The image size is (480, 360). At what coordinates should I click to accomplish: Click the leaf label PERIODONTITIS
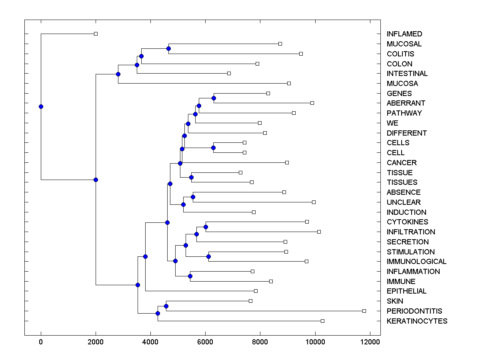(x=414, y=311)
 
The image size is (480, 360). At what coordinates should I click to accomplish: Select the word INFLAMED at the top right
(x=404, y=34)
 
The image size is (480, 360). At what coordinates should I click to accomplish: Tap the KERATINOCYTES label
(x=417, y=321)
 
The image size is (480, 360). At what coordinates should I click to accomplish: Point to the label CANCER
(x=402, y=163)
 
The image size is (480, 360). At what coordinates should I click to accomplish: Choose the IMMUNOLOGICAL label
(x=416, y=262)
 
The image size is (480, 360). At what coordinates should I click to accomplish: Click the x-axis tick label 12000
(x=370, y=342)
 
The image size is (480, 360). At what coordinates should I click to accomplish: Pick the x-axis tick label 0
(x=41, y=342)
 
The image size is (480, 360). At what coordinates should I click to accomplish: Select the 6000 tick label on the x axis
(x=205, y=342)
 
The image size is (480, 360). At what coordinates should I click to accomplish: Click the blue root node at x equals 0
(x=41, y=106)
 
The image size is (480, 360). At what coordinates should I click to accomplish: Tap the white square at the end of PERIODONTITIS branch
(x=364, y=311)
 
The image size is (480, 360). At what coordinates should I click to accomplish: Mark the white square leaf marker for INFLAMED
(x=96, y=34)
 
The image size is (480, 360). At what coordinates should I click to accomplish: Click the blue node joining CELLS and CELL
(x=213, y=148)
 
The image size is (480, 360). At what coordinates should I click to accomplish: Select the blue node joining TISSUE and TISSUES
(x=191, y=177)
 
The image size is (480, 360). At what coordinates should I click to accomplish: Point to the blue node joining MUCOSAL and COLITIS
(x=168, y=48)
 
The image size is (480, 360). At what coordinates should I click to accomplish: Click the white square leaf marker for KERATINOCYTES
(x=323, y=321)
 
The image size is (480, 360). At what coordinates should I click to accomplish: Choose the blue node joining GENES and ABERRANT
(x=214, y=98)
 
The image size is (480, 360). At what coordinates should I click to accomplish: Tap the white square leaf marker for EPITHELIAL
(x=256, y=291)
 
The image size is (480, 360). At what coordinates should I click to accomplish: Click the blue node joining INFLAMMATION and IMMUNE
(x=190, y=276)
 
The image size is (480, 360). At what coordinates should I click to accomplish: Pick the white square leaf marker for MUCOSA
(x=289, y=83)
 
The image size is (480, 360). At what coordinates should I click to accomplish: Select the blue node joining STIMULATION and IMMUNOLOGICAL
(x=208, y=256)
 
